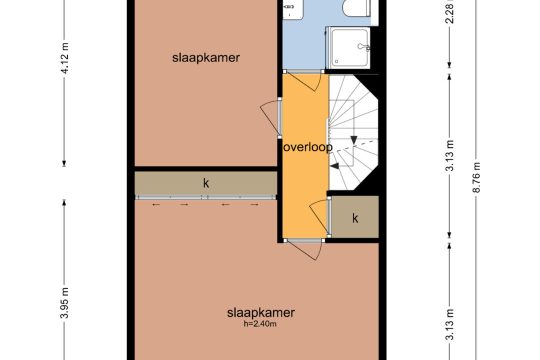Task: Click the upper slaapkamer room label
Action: tap(206, 58)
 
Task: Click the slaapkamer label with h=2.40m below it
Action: tap(261, 313)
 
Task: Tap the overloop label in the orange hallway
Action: tap(308, 147)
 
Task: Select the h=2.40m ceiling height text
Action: tap(260, 324)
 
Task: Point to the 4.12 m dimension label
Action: tap(65, 58)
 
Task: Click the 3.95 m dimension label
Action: tap(65, 303)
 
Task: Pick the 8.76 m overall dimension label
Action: tap(477, 177)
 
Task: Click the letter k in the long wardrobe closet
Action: tap(206, 183)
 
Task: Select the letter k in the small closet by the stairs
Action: tap(355, 218)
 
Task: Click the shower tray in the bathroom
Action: tap(349, 47)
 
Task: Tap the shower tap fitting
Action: tap(363, 47)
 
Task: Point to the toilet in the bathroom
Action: tap(357, 8)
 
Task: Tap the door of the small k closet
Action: tap(320, 216)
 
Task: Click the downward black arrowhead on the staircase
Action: tap(354, 140)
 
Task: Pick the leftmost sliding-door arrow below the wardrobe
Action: tap(156, 205)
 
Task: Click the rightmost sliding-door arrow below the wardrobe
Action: tap(254, 205)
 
